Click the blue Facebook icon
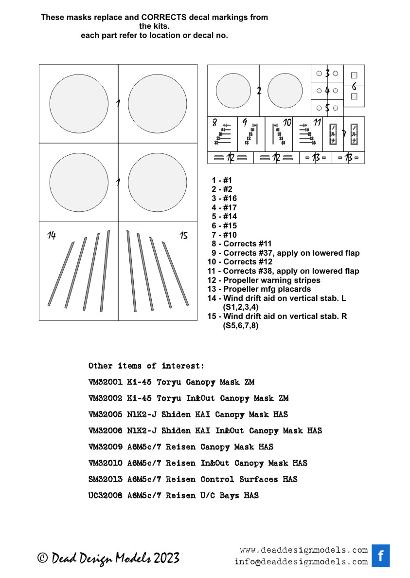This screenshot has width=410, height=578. (x=381, y=556)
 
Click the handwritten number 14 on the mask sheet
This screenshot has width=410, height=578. (x=52, y=236)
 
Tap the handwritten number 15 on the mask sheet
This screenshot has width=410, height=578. (x=183, y=236)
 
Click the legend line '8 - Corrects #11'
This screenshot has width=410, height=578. (x=241, y=244)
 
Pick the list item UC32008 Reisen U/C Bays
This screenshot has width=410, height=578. (x=173, y=496)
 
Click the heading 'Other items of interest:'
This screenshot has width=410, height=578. (x=146, y=366)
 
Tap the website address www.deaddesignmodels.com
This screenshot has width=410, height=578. (x=304, y=550)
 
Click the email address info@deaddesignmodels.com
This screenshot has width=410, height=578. (x=301, y=562)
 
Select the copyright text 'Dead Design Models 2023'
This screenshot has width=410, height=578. (x=109, y=558)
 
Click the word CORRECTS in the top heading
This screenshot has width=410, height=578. (x=165, y=17)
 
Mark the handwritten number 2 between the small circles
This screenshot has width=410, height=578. (x=259, y=91)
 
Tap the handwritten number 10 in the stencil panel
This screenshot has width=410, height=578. (x=287, y=123)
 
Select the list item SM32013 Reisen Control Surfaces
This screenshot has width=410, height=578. (x=193, y=480)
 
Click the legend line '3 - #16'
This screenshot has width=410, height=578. (x=224, y=198)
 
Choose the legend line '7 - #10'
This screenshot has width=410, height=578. (x=224, y=235)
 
